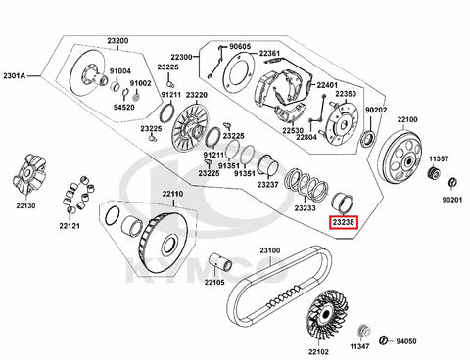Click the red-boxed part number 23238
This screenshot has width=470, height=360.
click(x=344, y=222)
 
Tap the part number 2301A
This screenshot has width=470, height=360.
click(x=14, y=76)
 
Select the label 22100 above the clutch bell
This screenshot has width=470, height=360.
click(x=407, y=119)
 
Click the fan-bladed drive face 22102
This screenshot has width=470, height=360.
click(x=325, y=315)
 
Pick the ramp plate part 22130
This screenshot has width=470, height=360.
click(x=28, y=174)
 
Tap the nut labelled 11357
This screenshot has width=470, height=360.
click(x=434, y=172)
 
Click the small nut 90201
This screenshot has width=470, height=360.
click(x=452, y=183)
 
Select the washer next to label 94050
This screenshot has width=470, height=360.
click(x=384, y=340)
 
